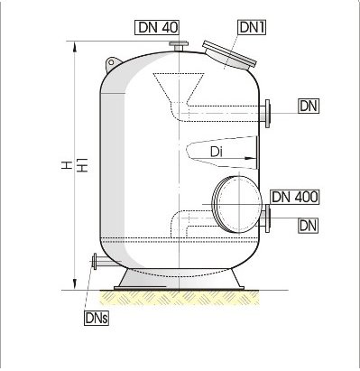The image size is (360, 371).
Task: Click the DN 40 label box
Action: click(x=157, y=27)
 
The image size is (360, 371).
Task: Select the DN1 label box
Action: click(x=252, y=27)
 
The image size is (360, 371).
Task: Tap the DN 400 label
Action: click(x=294, y=197)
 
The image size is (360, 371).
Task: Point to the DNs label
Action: click(x=97, y=318)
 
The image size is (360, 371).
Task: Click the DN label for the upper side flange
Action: click(x=309, y=106)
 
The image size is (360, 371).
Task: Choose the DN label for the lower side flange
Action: click(x=309, y=225)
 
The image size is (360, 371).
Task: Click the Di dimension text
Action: click(x=217, y=152)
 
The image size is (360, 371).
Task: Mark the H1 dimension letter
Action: click(x=82, y=165)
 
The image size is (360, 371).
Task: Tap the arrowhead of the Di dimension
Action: click(x=250, y=158)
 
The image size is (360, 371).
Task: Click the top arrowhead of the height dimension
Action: click(x=75, y=46)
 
